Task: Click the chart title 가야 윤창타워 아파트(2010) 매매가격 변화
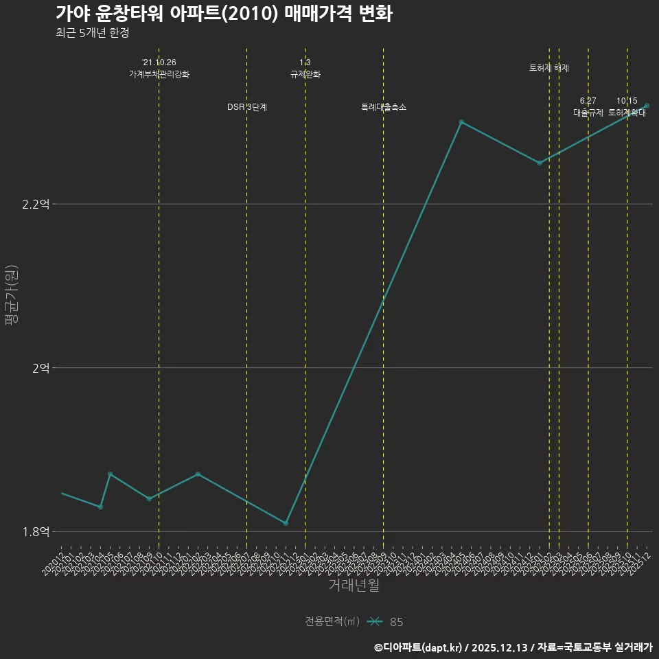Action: point(224,14)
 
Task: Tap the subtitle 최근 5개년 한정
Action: point(92,33)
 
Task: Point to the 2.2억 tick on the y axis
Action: point(36,204)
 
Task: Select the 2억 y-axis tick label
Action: point(41,368)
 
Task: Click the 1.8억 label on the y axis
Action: point(36,531)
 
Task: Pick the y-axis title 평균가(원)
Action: point(11,297)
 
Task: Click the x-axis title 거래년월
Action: point(354,586)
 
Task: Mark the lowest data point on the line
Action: point(286,523)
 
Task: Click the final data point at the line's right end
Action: point(647,106)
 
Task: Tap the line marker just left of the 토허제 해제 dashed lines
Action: point(540,163)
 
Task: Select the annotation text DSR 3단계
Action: point(247,107)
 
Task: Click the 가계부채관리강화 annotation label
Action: point(159,74)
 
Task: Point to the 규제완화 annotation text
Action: point(305,74)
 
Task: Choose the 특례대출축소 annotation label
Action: point(384,107)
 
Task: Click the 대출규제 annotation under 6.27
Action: point(588,113)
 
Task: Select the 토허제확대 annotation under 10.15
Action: point(627,113)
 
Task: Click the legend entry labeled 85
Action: point(396,622)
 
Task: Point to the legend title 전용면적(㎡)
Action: point(332,622)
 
